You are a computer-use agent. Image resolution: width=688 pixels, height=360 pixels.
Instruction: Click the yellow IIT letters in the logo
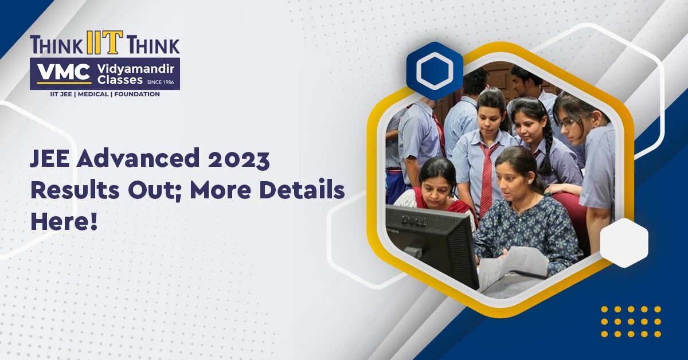(105, 42)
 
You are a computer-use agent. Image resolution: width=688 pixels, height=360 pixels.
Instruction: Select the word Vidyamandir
(136, 69)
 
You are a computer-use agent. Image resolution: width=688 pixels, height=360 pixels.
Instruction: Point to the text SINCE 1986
(161, 82)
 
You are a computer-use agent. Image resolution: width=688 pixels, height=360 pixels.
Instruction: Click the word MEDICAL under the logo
(93, 95)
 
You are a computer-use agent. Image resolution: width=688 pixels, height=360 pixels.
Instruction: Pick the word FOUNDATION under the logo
(137, 95)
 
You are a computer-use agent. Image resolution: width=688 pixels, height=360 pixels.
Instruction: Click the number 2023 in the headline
(239, 159)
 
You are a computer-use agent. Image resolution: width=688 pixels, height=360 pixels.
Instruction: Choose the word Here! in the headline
(64, 221)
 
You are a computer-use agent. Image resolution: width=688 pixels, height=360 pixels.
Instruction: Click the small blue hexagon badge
(435, 71)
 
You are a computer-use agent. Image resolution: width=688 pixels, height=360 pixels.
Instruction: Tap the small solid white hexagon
(624, 243)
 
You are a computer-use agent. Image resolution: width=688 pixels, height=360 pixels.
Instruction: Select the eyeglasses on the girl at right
(573, 122)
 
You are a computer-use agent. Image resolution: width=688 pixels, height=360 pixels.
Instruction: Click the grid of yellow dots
(631, 322)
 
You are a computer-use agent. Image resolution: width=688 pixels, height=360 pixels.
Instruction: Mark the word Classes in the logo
(120, 80)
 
